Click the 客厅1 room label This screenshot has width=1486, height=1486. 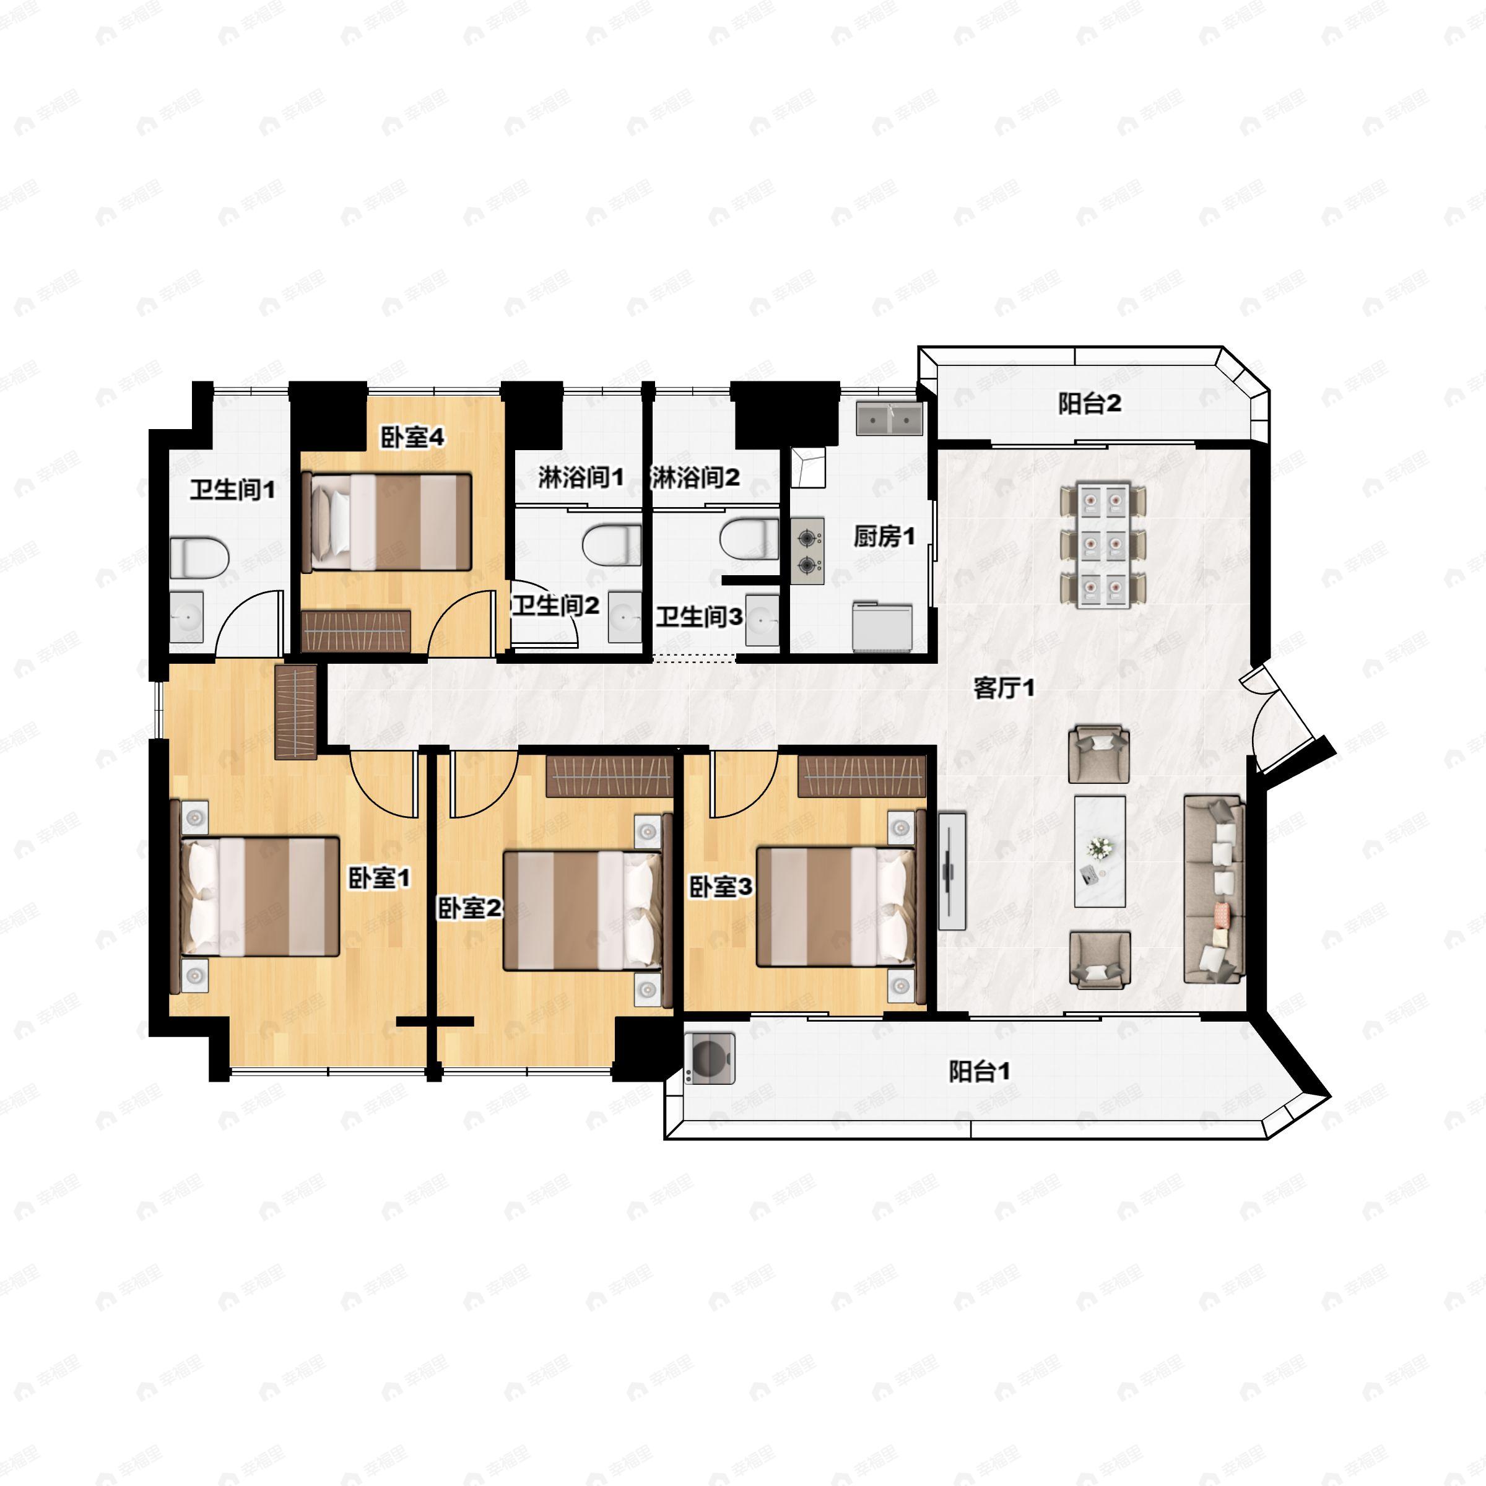click(1004, 688)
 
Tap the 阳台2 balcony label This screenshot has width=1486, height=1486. click(1089, 403)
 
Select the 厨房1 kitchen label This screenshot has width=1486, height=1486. click(885, 536)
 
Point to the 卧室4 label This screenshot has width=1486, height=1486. click(412, 438)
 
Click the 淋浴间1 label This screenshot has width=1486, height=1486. click(580, 477)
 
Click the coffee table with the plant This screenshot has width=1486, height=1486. click(1100, 851)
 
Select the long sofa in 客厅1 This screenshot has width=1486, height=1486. click(1214, 890)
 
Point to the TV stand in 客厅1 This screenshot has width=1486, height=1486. click(952, 870)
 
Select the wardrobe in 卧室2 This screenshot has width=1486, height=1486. click(610, 776)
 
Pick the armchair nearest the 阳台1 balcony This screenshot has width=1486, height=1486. click(1100, 960)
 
